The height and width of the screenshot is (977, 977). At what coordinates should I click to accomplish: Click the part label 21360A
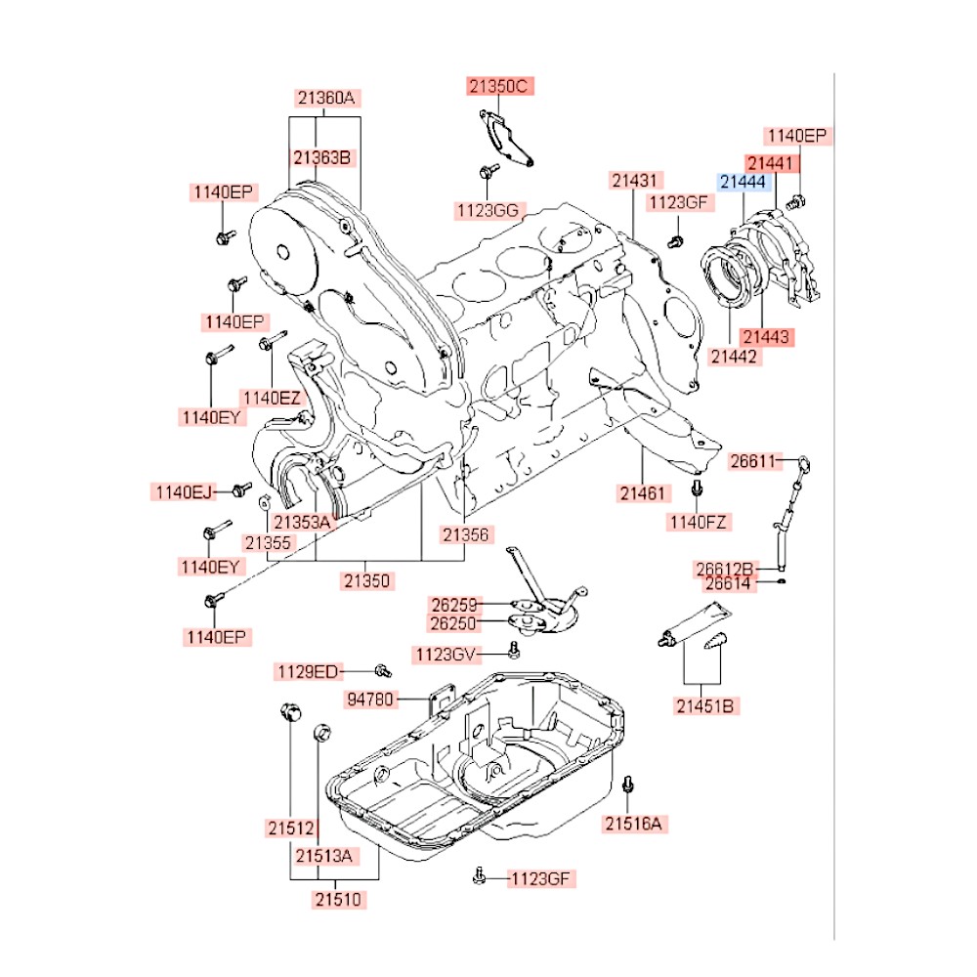(x=327, y=98)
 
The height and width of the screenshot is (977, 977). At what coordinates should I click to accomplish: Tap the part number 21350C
(x=498, y=87)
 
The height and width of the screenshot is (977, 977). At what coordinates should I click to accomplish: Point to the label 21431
(x=637, y=181)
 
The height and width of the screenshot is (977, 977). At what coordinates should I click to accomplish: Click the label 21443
(x=767, y=336)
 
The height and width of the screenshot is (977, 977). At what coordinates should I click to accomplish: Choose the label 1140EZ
(x=273, y=397)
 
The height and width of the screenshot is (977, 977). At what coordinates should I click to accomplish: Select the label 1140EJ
(x=183, y=491)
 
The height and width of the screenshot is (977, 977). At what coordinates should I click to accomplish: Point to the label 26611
(x=758, y=461)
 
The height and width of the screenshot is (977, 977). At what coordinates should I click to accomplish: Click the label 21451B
(x=703, y=703)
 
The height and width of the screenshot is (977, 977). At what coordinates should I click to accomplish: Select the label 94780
(x=371, y=699)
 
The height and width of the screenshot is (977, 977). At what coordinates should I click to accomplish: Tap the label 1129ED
(x=307, y=671)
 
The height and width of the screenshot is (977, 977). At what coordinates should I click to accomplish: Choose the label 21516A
(x=633, y=825)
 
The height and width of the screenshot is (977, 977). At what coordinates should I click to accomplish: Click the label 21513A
(x=324, y=856)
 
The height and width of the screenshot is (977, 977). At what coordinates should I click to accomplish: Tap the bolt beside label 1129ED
(x=383, y=671)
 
